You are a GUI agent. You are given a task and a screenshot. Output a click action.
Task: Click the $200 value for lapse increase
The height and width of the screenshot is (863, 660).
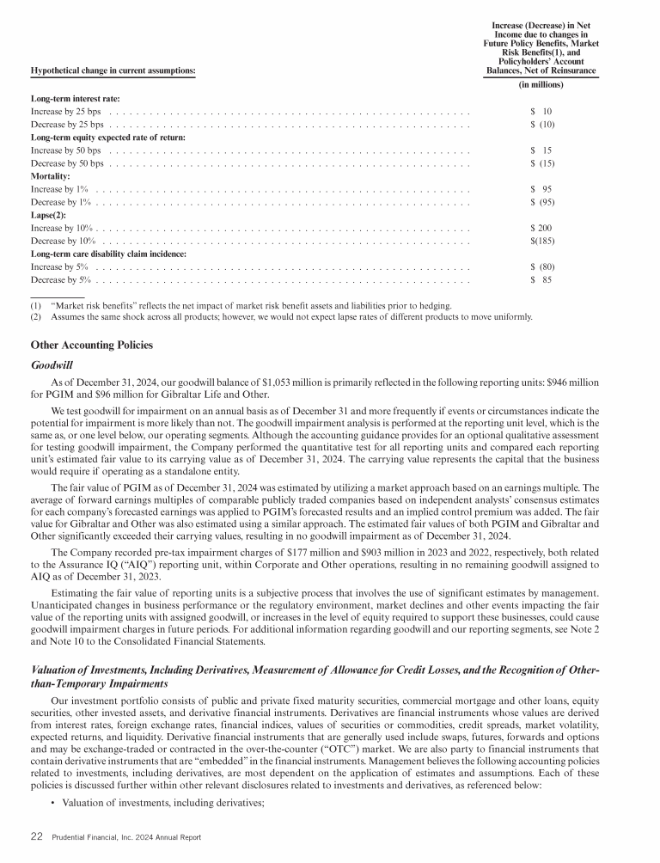pyautogui.click(x=541, y=228)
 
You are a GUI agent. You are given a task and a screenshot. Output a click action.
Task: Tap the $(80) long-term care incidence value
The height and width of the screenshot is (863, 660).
pyautogui.click(x=541, y=266)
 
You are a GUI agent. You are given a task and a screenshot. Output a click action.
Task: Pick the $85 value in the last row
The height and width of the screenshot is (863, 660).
pyautogui.click(x=541, y=280)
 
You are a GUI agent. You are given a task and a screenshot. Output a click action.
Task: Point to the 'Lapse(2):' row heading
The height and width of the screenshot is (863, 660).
pyautogui.click(x=49, y=215)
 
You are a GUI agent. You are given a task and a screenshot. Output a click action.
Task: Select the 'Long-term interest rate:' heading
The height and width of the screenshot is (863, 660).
pyautogui.click(x=75, y=99)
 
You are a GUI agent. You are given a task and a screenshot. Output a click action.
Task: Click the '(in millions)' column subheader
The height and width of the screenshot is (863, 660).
pyautogui.click(x=541, y=85)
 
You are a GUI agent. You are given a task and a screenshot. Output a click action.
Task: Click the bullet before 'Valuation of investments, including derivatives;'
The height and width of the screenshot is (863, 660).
pyautogui.click(x=54, y=803)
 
